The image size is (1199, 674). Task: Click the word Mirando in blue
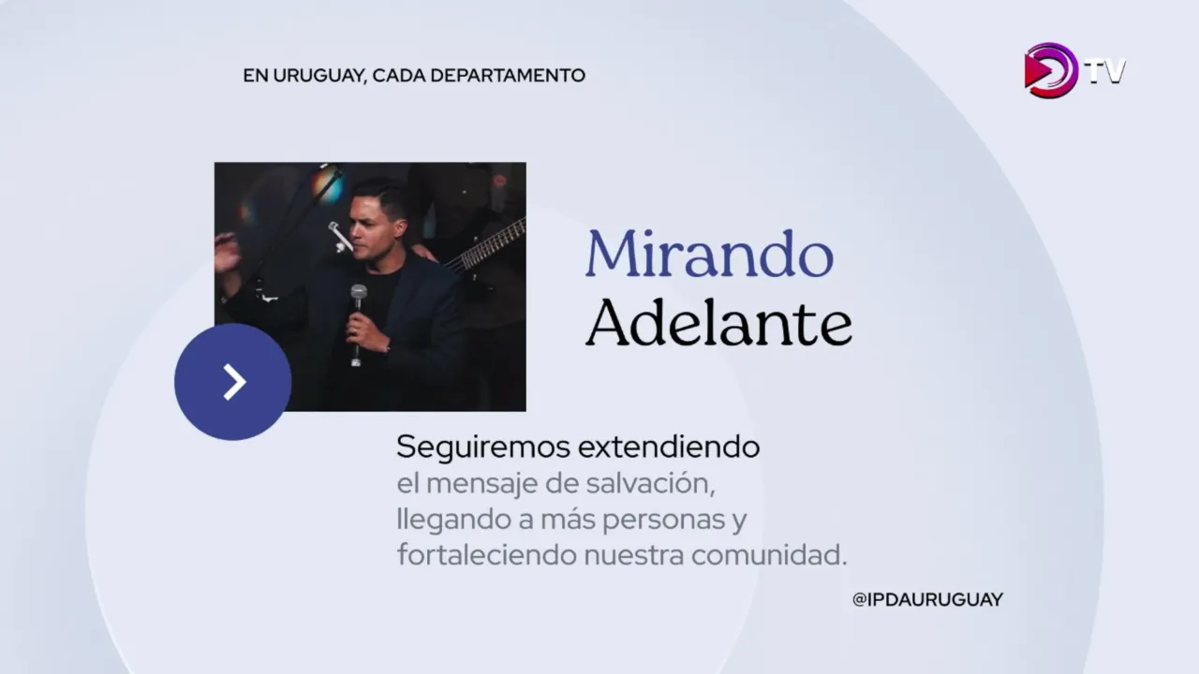pyautogui.click(x=709, y=254)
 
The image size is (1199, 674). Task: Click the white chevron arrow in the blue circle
pyautogui.click(x=234, y=382)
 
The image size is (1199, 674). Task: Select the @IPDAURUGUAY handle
pyautogui.click(x=927, y=600)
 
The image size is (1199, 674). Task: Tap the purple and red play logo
pyautogui.click(x=1050, y=70)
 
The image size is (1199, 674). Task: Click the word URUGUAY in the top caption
pyautogui.click(x=319, y=76)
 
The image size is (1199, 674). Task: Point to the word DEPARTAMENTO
pyautogui.click(x=508, y=76)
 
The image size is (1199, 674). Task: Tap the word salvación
pyautogui.click(x=650, y=484)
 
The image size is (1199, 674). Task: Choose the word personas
pyautogui.click(x=664, y=520)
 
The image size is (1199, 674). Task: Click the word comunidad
pyautogui.click(x=769, y=555)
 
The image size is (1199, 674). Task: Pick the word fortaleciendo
pyautogui.click(x=486, y=555)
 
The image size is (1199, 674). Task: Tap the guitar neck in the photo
pyautogui.click(x=486, y=245)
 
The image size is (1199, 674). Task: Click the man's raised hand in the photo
pyautogui.click(x=227, y=253)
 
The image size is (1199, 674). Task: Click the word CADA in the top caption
pyautogui.click(x=398, y=76)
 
